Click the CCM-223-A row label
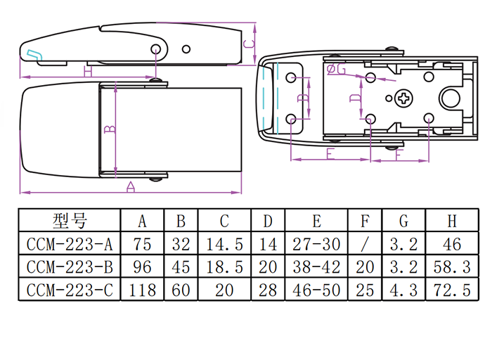69,244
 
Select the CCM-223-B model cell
69,266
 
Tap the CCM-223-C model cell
69,289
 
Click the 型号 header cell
69,221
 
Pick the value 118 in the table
142,289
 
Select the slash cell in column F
364,244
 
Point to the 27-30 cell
316,244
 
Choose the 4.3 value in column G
403,289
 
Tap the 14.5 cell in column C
224,244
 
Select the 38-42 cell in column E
316,266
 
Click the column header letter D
268,221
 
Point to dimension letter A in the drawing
130,187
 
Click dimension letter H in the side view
87,72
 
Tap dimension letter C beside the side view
247,44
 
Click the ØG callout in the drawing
337,69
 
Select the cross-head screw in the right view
406,99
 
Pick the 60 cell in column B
181,289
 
